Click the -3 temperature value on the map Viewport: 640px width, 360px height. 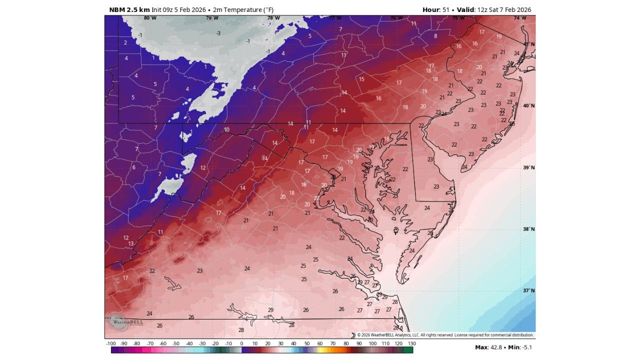pyautogui.click(x=218, y=33)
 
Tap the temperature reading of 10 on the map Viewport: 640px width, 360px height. pyautogui.click(x=226, y=130)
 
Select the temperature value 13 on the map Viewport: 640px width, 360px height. pyautogui.click(x=131, y=244)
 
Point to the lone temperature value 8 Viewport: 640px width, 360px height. pyautogui.click(x=435, y=36)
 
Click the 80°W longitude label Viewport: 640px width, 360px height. pyautogui.click(x=150, y=18)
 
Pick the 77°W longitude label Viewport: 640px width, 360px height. pyautogui.click(x=335, y=18)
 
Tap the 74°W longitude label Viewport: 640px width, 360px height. pyautogui.click(x=520, y=18)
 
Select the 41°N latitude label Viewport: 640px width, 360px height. pyautogui.click(x=529, y=44)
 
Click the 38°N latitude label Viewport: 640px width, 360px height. pyautogui.click(x=529, y=229)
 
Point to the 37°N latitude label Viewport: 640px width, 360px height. pyautogui.click(x=529, y=290)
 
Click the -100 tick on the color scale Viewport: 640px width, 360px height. pyautogui.click(x=111, y=343)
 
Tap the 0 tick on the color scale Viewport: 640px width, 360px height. pyautogui.click(x=241, y=343)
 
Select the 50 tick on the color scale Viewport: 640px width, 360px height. pyautogui.click(x=307, y=343)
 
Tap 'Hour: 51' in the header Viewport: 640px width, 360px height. pyautogui.click(x=436, y=10)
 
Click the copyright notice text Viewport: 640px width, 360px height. pyautogui.click(x=445, y=335)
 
